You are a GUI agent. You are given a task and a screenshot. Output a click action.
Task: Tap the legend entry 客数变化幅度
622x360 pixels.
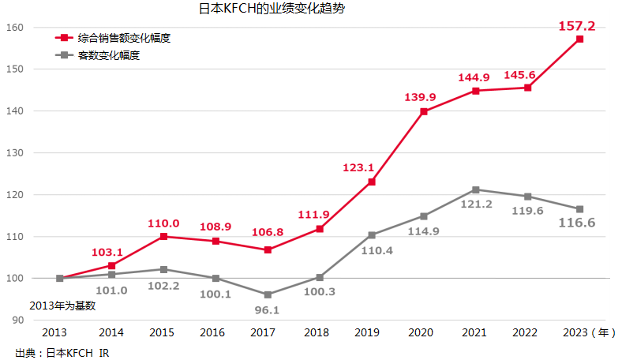click(x=109, y=55)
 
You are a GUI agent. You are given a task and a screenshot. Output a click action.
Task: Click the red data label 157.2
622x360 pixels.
click(x=576, y=26)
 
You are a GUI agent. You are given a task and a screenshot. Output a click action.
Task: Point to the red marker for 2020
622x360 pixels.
click(x=424, y=111)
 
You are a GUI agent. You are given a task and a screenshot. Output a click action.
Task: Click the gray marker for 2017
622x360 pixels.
click(x=268, y=294)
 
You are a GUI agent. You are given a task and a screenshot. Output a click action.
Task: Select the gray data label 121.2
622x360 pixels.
click(x=475, y=204)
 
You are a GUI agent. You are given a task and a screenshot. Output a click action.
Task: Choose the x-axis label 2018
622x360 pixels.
click(x=317, y=333)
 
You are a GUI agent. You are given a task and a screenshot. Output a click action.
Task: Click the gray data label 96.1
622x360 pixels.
click(x=268, y=309)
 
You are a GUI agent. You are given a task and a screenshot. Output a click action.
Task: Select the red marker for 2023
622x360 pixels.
click(x=579, y=39)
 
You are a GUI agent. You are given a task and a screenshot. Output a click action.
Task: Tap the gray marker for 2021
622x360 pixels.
click(x=476, y=189)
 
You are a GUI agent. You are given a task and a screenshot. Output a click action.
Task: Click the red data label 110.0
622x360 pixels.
click(x=164, y=223)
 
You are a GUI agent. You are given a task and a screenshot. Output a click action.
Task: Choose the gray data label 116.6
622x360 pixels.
click(x=576, y=223)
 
